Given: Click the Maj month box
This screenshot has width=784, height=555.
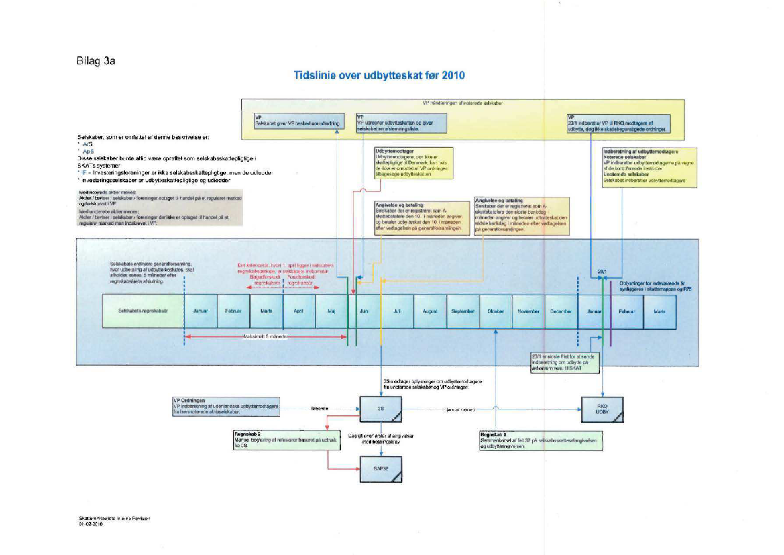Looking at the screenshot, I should click(331, 311).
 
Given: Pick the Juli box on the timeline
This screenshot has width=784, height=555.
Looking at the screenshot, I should click(397, 311).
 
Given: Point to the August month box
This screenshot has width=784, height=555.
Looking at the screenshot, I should click(430, 311).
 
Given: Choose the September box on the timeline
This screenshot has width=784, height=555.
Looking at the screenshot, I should click(463, 311).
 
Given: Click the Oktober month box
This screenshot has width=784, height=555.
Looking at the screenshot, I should click(496, 311).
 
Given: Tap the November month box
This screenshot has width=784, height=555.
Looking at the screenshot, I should click(528, 311).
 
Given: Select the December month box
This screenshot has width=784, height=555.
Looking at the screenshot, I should click(561, 311).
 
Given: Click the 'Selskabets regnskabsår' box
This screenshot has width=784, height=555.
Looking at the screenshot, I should click(142, 311).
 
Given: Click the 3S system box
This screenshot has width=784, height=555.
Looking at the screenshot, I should click(380, 408).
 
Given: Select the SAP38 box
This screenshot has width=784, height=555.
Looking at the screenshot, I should click(380, 470).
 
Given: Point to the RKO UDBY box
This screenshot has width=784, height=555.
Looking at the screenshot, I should click(602, 409).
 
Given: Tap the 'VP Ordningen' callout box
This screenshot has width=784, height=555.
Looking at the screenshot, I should click(226, 406).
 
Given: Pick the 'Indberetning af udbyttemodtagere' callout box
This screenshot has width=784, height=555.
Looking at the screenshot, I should click(642, 166).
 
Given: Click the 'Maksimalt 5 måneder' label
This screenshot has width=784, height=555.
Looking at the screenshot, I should click(266, 336).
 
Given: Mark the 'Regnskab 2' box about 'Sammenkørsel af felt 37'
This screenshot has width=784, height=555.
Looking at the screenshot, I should click(540, 440).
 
